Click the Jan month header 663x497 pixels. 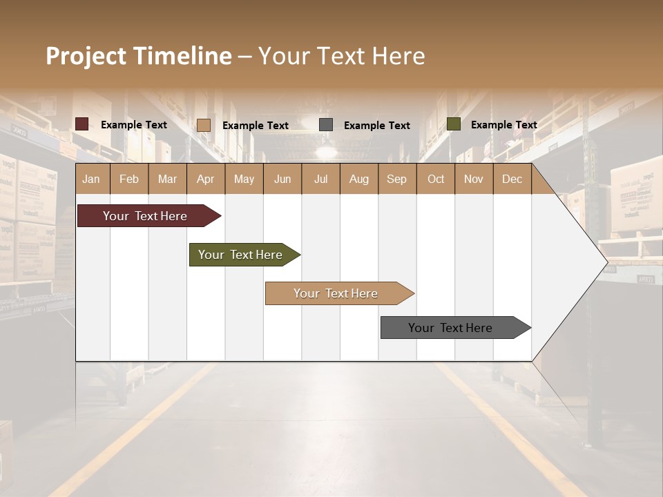coord(91,179)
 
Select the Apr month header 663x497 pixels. coord(206,179)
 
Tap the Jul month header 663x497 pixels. coord(321,179)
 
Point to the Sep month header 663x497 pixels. coord(397,179)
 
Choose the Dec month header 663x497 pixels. coord(512,179)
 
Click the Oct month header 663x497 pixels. coord(436,179)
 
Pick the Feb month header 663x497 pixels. coord(129,179)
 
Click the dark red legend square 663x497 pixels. coord(82,124)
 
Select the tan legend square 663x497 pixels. coord(204,125)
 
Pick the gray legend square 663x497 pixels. coord(326,125)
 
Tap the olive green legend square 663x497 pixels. coord(454,124)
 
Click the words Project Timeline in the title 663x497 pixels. coord(139,56)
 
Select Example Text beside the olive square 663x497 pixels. coord(504,125)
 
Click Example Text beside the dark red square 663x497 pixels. coord(134,125)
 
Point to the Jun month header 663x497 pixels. coord(282,179)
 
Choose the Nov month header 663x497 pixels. coord(474,179)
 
